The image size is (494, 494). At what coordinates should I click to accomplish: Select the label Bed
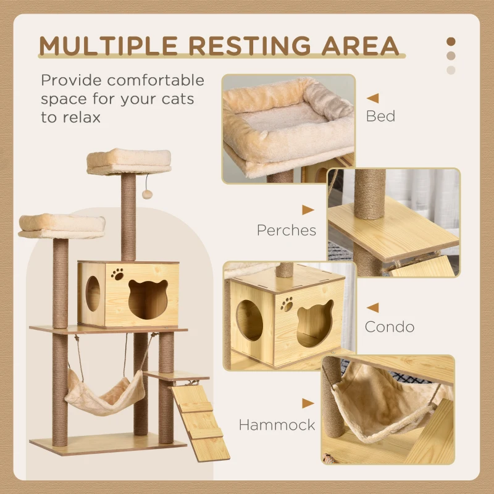pos(380,116)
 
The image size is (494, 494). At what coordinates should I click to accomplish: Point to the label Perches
pos(287,230)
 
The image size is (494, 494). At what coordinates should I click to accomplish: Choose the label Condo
pos(389,326)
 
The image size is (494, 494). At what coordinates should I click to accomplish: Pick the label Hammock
pos(277,424)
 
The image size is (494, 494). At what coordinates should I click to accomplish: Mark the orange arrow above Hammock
pos(308,404)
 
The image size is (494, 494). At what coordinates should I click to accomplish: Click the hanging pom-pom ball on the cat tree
pos(147,195)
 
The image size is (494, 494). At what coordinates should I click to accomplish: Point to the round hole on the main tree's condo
pos(93,293)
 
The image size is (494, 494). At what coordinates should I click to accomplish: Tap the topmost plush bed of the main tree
pos(128,161)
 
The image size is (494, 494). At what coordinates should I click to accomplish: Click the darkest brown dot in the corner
pos(451,41)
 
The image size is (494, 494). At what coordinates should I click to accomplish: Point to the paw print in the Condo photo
pos(287,303)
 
